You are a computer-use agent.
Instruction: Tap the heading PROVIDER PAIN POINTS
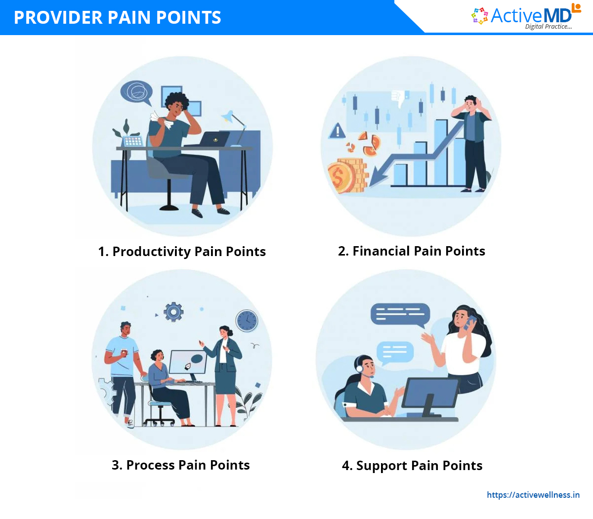click(118, 17)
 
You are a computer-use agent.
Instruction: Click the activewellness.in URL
click(533, 495)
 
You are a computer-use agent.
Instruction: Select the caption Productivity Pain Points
click(182, 252)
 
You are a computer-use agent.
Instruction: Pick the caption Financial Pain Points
click(412, 251)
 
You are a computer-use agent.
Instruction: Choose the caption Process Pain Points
click(180, 465)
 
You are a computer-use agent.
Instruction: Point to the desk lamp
click(235, 128)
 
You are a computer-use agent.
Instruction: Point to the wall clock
click(247, 321)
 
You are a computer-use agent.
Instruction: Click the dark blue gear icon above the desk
click(173, 312)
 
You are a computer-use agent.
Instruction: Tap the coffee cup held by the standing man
click(124, 352)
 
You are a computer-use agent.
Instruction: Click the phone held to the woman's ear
click(470, 322)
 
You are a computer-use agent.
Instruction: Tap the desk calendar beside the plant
click(133, 141)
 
